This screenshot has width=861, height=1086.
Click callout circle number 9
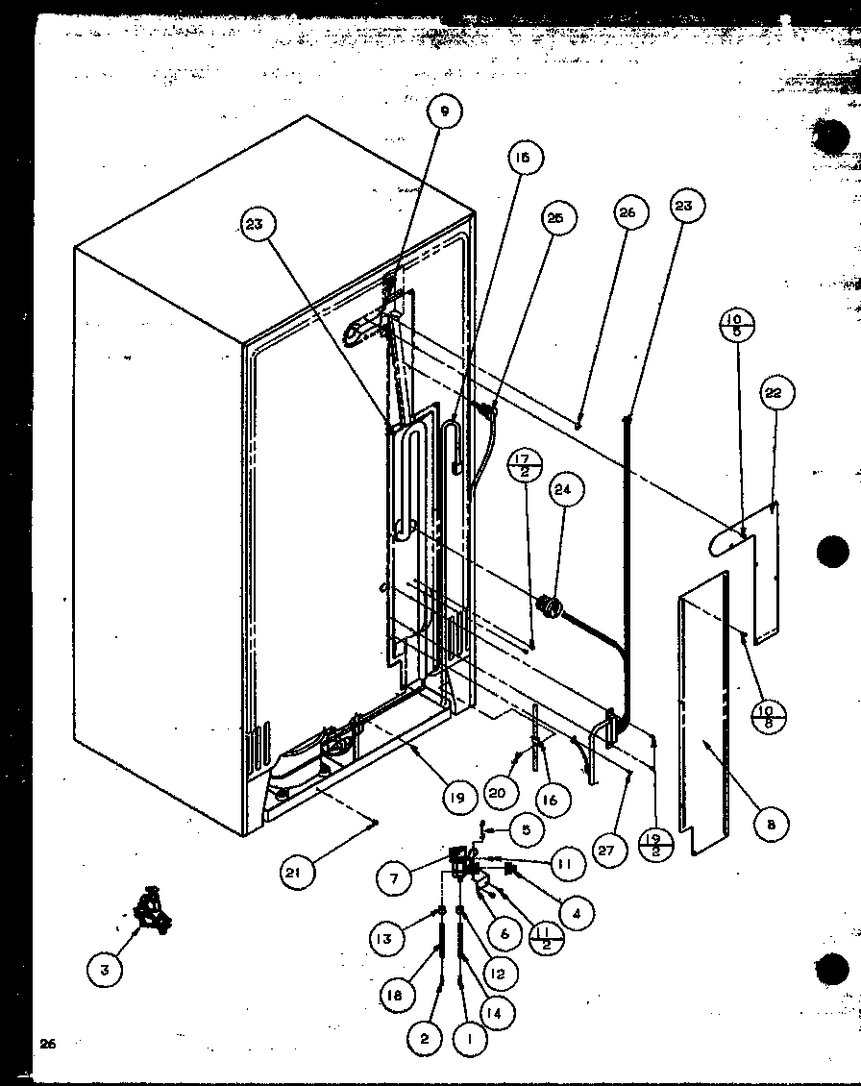click(x=445, y=111)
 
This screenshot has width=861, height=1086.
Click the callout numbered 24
click(x=562, y=490)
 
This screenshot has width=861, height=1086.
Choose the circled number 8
click(x=771, y=823)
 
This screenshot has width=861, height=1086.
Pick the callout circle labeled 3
click(x=105, y=970)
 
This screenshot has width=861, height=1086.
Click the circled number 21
click(x=295, y=873)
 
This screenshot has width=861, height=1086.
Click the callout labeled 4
click(x=576, y=914)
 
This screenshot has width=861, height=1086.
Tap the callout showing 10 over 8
click(x=768, y=717)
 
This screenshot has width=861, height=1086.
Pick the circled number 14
click(x=499, y=1012)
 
